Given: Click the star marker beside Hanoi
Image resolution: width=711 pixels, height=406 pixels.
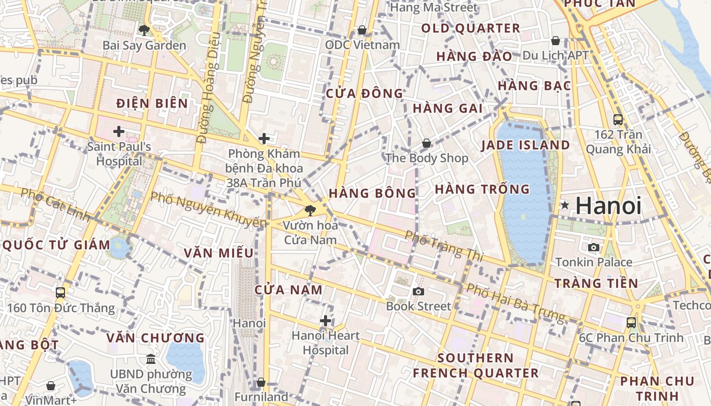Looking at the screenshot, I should tap(565, 206).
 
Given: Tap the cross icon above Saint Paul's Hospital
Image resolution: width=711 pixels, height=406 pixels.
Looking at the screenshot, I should tap(119, 131).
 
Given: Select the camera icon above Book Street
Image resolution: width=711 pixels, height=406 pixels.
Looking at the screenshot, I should tap(418, 291).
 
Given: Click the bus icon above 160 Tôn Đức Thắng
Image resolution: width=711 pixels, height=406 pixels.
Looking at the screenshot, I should tap(60, 293).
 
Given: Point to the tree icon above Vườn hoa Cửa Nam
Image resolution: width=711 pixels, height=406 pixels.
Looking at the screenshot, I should tap(309, 210).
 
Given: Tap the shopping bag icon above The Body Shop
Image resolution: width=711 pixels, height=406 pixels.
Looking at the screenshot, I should tap(427, 143).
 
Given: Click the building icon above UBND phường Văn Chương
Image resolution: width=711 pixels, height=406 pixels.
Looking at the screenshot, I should tap(151, 359).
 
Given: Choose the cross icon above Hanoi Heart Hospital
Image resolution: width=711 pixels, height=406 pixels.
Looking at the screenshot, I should tap(326, 321).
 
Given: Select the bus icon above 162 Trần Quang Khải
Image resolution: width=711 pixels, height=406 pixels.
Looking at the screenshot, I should tap(618, 120).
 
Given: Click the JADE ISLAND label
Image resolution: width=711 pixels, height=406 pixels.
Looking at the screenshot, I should tap(526, 145).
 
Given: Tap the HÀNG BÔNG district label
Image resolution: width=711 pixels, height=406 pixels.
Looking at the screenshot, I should tap(372, 193).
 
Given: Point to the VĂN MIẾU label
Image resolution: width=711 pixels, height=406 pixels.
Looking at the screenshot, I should tap(219, 253).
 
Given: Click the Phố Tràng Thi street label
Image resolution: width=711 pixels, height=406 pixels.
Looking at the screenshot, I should tap(444, 246).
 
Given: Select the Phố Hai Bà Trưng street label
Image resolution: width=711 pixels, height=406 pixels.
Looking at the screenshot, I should tap(515, 303).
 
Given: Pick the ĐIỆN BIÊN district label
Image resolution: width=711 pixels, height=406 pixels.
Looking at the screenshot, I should tap(152, 104).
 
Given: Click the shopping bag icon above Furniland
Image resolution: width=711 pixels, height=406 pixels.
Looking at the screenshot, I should tap(261, 382).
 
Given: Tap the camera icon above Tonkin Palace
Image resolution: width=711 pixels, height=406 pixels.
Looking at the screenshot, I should tap(593, 248).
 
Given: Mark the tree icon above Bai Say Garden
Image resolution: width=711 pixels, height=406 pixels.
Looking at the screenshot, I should tap(144, 30).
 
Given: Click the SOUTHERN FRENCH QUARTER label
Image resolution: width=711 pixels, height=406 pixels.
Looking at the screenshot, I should tap(475, 365).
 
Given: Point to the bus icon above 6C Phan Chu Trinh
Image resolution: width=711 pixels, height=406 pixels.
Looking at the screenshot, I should tap(631, 322).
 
